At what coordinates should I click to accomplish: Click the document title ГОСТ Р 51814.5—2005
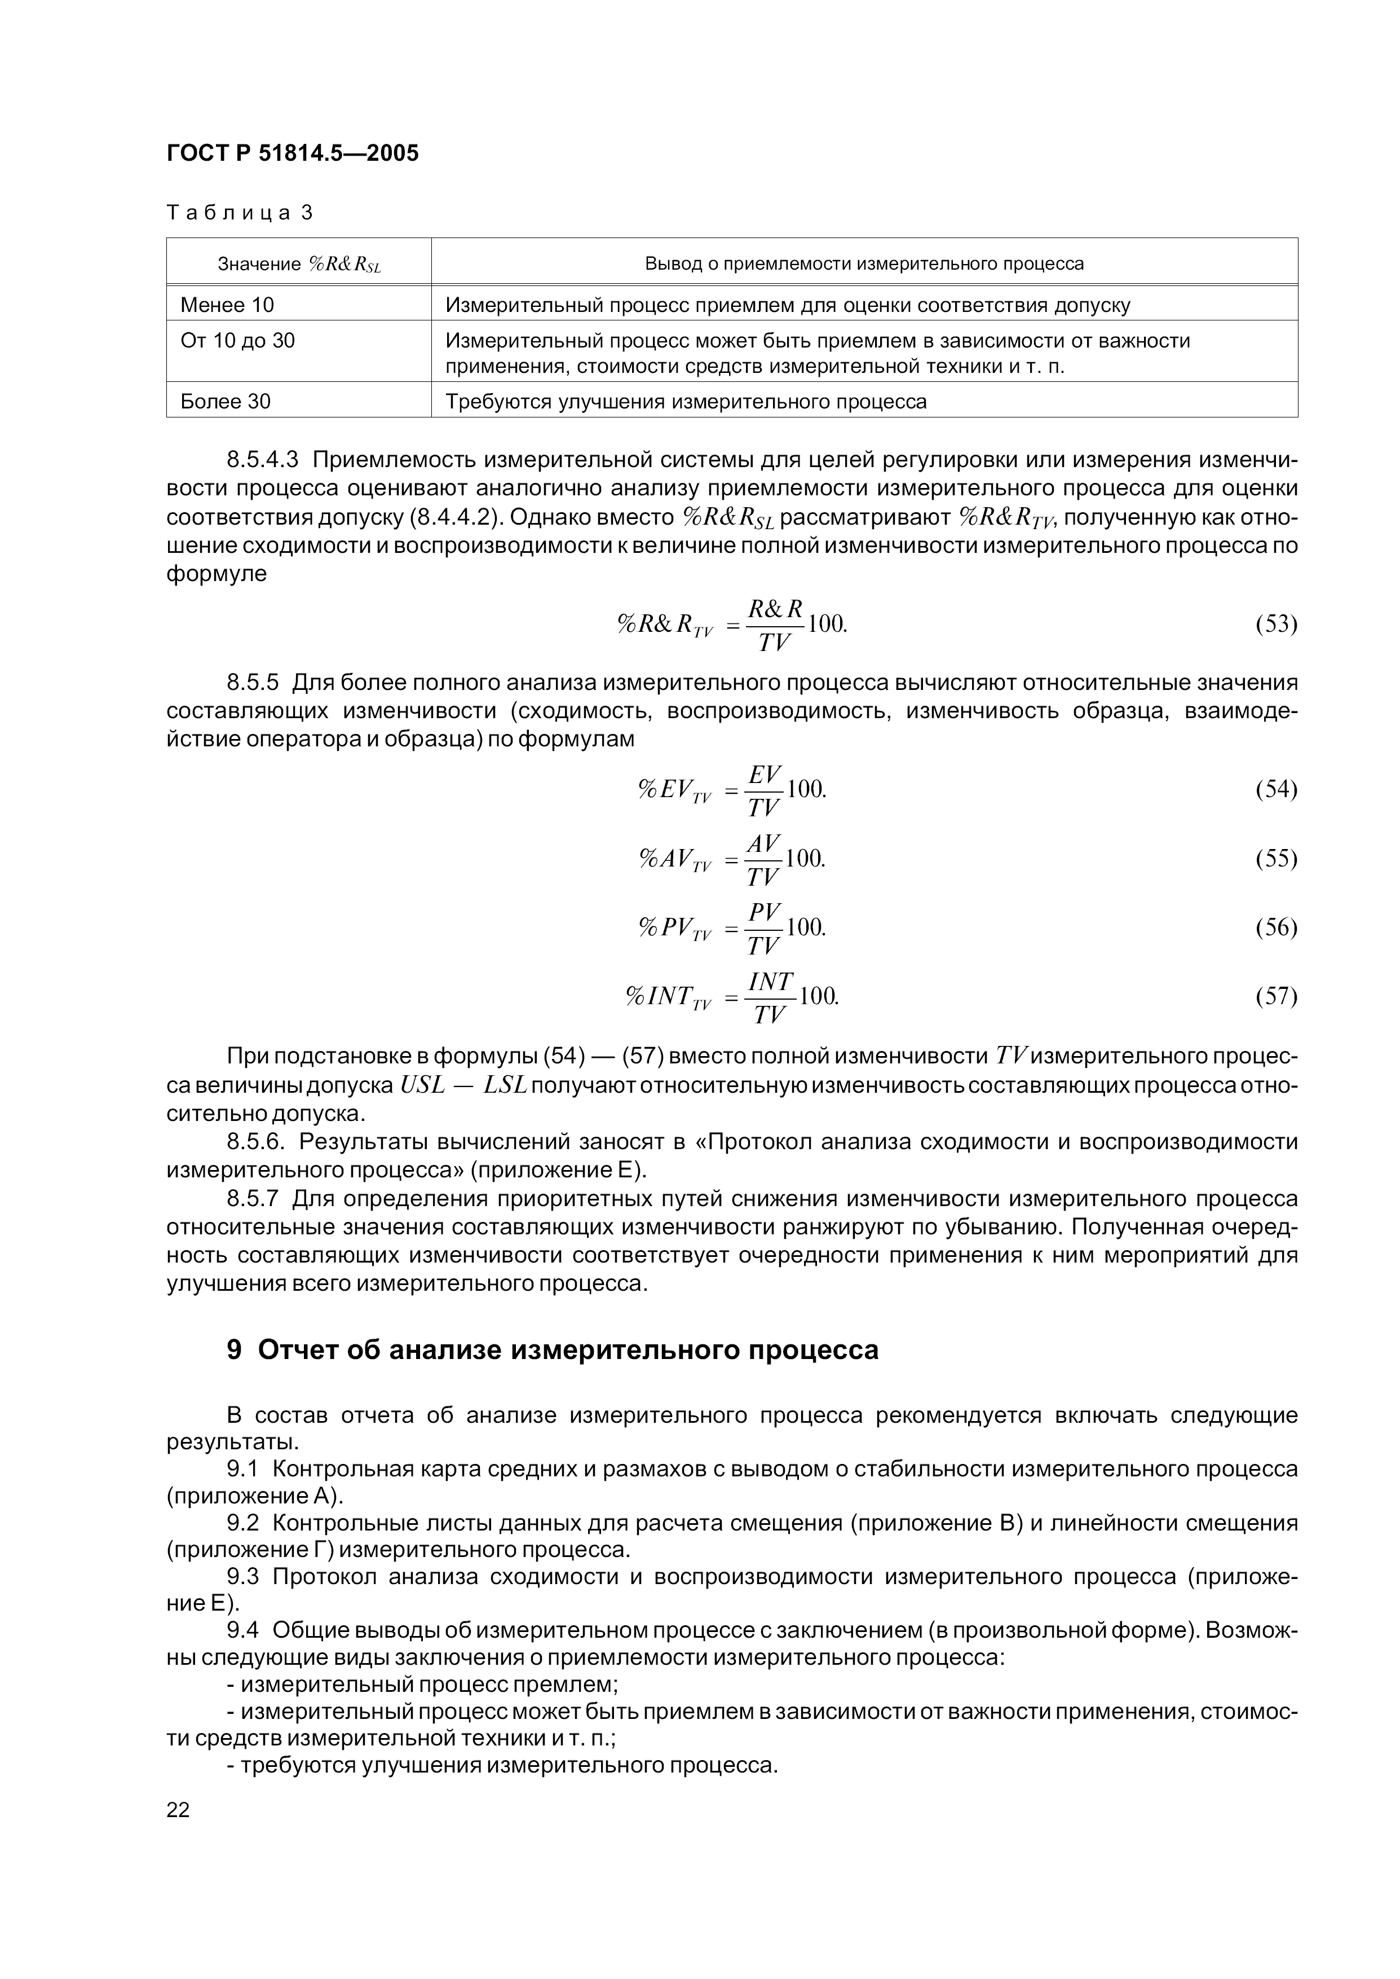pyautogui.click(x=292, y=153)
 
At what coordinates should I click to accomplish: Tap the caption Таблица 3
pyautogui.click(x=239, y=213)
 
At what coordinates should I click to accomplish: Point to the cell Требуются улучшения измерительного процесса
pyautogui.click(x=686, y=401)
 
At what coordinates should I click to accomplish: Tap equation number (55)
pyautogui.click(x=1276, y=858)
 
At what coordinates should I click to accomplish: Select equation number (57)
pyautogui.click(x=1276, y=997)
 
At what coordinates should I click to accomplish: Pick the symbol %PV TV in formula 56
pyautogui.click(x=675, y=928)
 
